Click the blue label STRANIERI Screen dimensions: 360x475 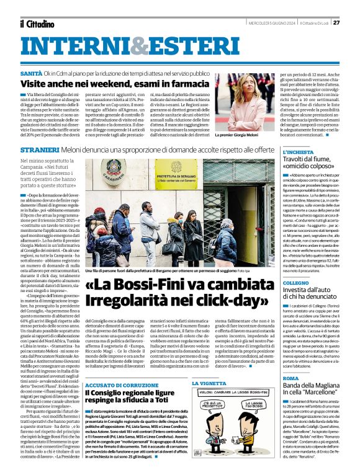(x=38, y=150)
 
